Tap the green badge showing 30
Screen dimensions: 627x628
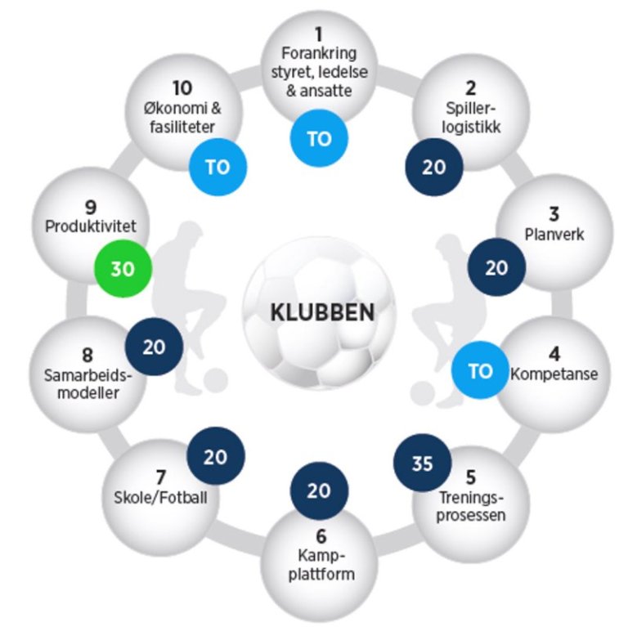[x=123, y=267]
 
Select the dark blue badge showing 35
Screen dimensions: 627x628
[x=422, y=464]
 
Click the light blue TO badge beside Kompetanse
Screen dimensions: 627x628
[x=480, y=371]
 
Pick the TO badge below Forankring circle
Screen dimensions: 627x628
[x=319, y=138]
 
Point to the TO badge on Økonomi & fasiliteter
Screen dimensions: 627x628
[x=218, y=168]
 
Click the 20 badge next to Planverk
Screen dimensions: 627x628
[x=496, y=267]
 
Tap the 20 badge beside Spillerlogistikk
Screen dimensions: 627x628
[x=434, y=167]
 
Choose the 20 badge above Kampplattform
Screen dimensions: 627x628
[x=319, y=490]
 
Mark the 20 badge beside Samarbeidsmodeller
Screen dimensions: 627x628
[x=154, y=347]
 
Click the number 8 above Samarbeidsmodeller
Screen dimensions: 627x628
[x=87, y=356]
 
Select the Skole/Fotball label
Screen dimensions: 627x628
[x=161, y=495]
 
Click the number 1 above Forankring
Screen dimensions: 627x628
[x=319, y=34]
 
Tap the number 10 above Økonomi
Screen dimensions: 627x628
[x=183, y=87]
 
